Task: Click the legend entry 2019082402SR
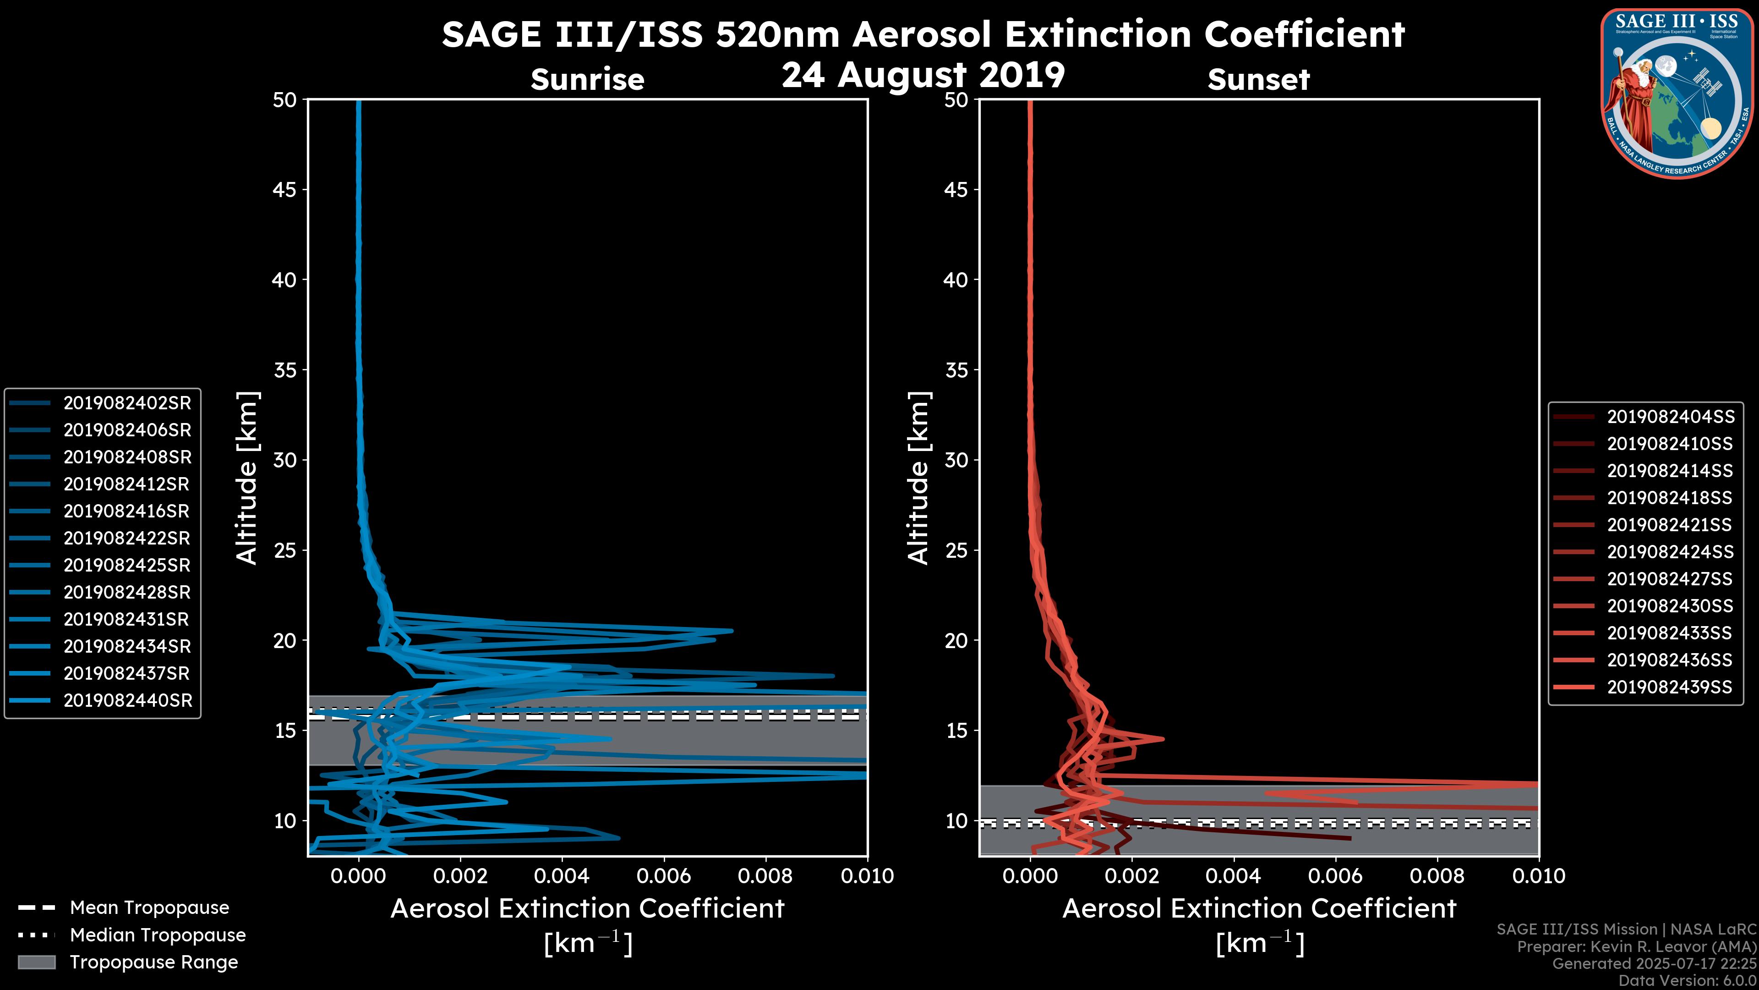127,403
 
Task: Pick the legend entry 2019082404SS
1670,417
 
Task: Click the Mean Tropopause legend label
149,907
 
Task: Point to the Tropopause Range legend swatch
36,962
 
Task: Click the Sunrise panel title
587,79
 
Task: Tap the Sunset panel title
1258,79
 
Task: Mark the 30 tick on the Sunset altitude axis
956,460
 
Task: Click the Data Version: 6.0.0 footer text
1688,981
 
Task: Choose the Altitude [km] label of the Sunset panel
919,478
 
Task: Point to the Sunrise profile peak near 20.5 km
732,631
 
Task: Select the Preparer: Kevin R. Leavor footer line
1636,946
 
